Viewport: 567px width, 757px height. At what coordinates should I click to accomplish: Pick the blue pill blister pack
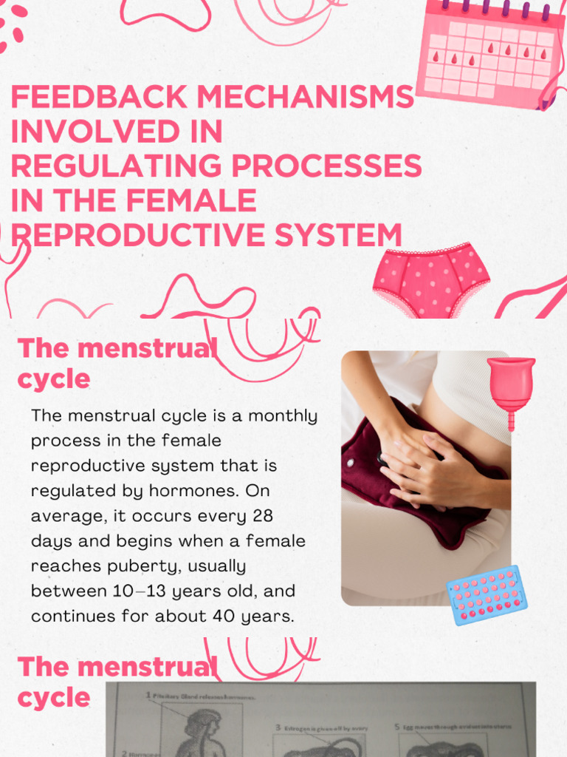487,594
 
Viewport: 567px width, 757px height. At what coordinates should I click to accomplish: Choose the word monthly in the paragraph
283,415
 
